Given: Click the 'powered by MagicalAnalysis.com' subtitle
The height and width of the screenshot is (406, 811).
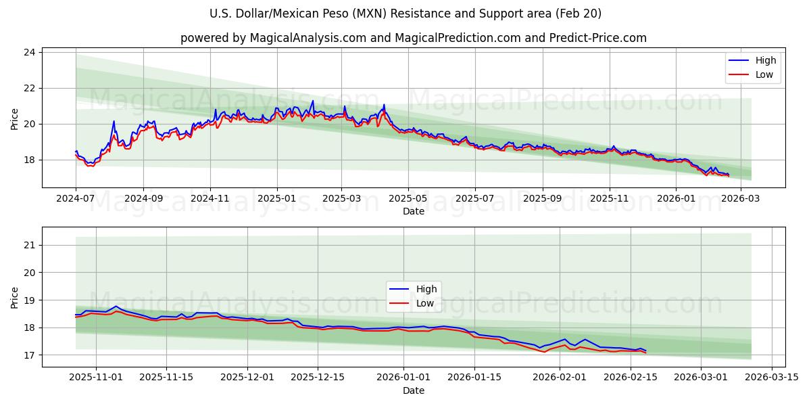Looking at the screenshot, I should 414,38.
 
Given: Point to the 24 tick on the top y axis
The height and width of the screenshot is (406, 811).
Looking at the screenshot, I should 30,52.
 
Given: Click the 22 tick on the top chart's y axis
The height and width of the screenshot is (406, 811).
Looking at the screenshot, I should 30,88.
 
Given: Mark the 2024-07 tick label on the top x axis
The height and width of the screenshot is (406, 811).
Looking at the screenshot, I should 76,200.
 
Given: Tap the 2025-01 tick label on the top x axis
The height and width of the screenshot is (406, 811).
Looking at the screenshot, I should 277,200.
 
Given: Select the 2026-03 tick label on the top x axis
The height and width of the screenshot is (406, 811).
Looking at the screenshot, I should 741,200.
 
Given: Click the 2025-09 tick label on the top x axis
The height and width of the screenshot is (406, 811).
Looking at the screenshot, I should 543,200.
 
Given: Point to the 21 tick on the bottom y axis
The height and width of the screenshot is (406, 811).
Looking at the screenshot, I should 30,245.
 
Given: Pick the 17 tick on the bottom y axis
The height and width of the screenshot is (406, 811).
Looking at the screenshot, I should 30,355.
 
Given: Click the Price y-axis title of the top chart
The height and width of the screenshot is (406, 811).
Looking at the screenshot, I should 15,120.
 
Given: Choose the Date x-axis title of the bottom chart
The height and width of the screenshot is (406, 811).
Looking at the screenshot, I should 414,390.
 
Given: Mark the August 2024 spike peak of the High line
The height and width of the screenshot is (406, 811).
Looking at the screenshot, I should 114,121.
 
